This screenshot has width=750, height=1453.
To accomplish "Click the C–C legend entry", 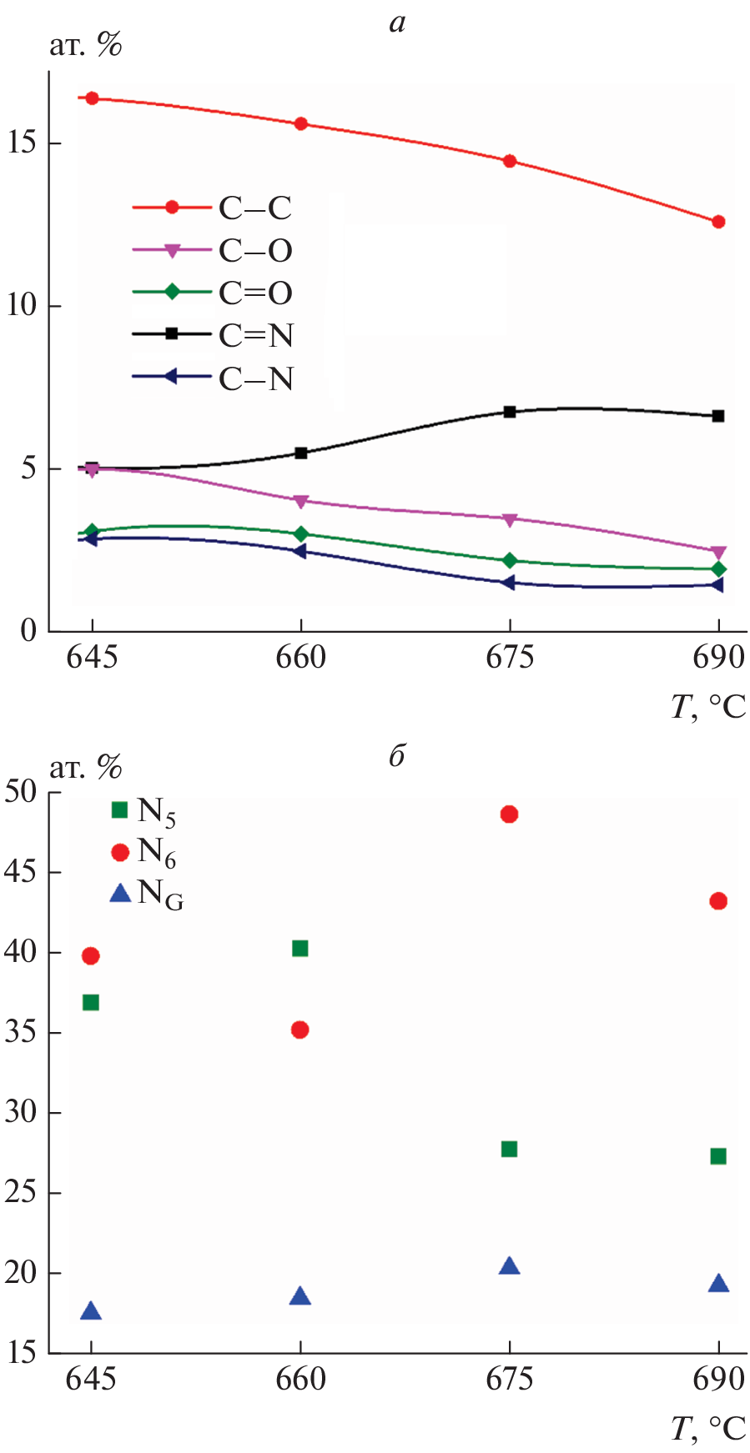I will [x=213, y=208].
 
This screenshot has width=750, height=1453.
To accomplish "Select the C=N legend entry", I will [x=213, y=335].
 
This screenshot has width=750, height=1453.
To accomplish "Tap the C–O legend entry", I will [x=213, y=250].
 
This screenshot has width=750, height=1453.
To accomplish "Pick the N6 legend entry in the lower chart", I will [x=143, y=852].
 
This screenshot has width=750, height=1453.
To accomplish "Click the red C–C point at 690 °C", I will [x=718, y=222].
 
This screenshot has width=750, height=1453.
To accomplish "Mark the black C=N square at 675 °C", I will [x=510, y=412].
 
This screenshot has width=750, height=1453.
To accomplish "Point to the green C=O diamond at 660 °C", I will [x=300, y=534].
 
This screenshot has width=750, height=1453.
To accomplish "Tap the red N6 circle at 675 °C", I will [x=509, y=814].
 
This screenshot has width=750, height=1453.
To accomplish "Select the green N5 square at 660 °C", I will [x=300, y=948].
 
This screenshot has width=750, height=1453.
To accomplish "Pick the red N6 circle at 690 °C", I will [x=718, y=901].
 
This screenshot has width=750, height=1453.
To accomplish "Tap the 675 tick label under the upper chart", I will [x=510, y=658].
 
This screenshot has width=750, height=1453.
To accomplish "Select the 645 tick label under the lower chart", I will [x=91, y=1379].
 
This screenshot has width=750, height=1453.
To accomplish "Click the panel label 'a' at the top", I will [x=398, y=23].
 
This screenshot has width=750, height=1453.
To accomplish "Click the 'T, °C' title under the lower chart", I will [x=708, y=1429].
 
